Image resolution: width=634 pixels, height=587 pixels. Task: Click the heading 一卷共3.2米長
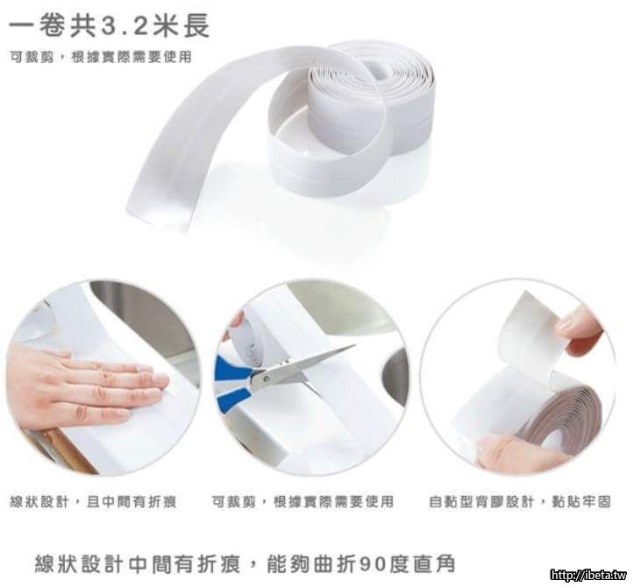109,25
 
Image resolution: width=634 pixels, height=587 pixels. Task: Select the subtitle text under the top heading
101,57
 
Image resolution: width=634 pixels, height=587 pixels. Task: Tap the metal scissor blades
307,364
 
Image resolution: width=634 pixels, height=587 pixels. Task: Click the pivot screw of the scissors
267,379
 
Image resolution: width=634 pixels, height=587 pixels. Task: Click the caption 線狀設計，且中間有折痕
94,502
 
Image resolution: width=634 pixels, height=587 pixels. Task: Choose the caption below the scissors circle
303,502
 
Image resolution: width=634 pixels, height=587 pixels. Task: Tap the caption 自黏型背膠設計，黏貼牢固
520,502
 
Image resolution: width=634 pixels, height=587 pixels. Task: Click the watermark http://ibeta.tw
588,575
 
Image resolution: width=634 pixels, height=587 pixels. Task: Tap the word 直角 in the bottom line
433,563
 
